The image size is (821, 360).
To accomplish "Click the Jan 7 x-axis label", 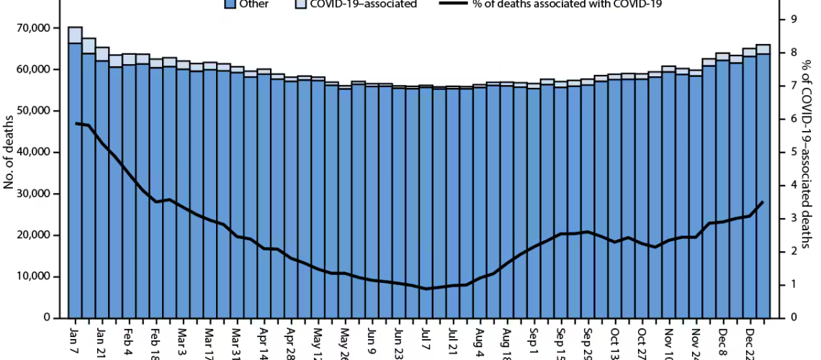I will point(73,335).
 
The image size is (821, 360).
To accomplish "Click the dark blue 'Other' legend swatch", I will point(230,4).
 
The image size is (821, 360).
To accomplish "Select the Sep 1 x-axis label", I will point(534,335).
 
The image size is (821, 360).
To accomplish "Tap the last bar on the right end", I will point(763,180).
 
